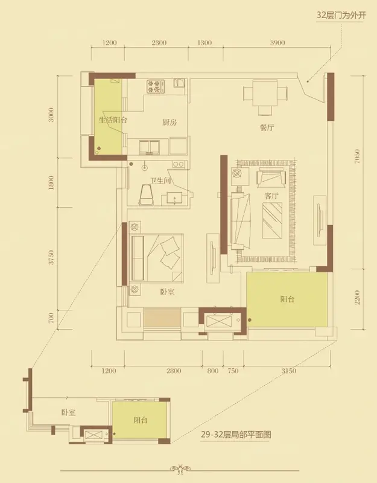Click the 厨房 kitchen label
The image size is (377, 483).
169,123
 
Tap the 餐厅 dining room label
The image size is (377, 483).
267,127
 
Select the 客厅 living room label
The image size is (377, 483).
271,196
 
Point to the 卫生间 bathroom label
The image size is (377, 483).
160,181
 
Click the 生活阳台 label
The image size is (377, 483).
113,120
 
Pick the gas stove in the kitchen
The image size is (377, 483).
156,86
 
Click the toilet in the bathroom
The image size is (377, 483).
147,194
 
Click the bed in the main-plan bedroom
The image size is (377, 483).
157,258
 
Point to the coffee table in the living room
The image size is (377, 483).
273,220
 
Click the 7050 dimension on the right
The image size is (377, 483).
357,156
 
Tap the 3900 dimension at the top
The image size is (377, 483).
277,43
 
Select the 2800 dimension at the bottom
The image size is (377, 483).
174,371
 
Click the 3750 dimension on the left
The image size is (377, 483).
51,257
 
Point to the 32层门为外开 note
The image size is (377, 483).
341,15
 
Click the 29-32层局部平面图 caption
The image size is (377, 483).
236,435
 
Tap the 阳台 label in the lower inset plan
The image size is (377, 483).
141,420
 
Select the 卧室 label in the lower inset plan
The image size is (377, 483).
68,412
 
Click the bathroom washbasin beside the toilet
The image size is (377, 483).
174,198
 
